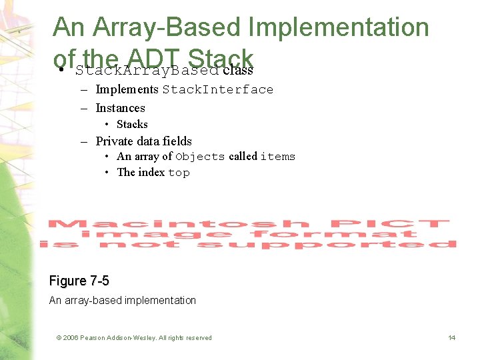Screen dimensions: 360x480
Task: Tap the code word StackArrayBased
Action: coord(147,71)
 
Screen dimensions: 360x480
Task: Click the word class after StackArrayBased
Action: coord(238,70)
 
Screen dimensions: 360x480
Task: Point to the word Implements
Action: coord(127,89)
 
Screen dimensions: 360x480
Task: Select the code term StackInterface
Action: coord(218,89)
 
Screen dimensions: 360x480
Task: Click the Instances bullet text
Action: coord(120,108)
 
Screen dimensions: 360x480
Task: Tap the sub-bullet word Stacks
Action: coord(132,125)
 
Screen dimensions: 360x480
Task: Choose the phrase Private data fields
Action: coord(143,141)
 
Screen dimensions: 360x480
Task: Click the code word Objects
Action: coord(200,157)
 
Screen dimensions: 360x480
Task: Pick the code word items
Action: coord(277,157)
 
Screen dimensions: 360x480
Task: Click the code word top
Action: coord(179,173)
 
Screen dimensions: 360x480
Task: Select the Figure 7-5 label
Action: coord(79,281)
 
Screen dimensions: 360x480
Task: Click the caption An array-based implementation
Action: coord(123,301)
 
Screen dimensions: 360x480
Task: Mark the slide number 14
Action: coord(451,338)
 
